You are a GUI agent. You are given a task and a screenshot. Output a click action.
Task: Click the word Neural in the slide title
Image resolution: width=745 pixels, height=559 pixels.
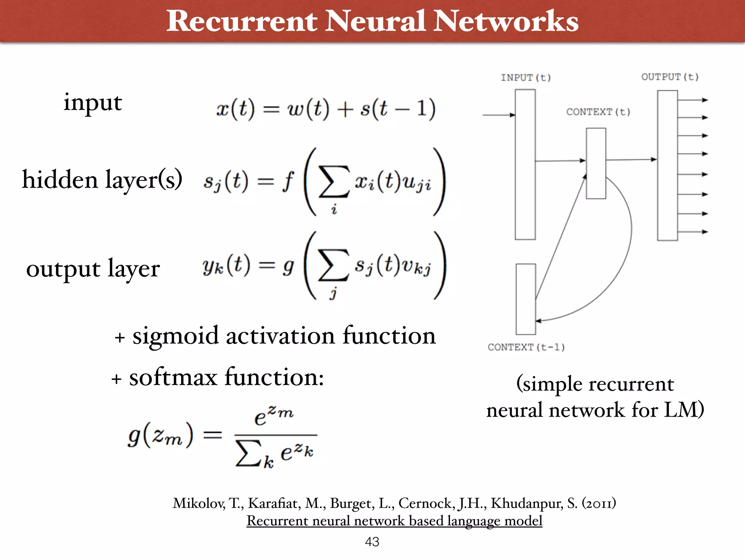tap(375, 21)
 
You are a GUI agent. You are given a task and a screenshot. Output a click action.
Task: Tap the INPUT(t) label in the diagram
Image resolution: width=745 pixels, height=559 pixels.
tap(526, 78)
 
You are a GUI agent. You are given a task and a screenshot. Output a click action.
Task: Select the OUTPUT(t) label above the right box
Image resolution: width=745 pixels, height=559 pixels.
tap(670, 77)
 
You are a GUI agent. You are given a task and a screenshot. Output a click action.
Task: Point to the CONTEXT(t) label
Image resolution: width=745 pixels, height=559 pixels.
tap(598, 112)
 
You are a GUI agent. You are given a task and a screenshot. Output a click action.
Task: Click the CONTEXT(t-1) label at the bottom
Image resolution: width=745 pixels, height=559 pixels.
tap(526, 347)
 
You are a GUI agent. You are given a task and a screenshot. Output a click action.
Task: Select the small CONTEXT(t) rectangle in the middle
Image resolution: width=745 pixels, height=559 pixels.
tap(596, 163)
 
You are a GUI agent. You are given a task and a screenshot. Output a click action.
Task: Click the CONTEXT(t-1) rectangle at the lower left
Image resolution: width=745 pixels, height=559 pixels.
tap(526, 299)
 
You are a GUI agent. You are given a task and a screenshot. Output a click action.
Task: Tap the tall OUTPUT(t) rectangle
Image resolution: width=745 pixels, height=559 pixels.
tap(667, 166)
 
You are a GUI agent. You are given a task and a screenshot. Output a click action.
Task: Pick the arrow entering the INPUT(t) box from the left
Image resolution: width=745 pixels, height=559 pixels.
tap(498, 115)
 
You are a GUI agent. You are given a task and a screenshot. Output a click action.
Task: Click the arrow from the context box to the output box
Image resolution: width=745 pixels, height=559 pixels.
tap(631, 159)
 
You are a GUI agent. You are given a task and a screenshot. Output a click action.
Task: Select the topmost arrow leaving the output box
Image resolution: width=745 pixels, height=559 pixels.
tap(693, 100)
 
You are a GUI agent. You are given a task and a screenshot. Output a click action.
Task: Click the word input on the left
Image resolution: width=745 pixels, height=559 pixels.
tap(92, 103)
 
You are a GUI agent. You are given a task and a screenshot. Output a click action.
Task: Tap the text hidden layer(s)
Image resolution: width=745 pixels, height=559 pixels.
tap(102, 179)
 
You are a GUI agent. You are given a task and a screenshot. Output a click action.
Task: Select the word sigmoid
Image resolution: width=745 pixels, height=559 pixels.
tap(175, 336)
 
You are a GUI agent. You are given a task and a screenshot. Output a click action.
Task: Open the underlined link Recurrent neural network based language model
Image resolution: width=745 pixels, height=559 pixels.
tap(394, 521)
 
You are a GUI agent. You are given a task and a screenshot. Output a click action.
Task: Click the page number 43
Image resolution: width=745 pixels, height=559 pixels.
tap(372, 542)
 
